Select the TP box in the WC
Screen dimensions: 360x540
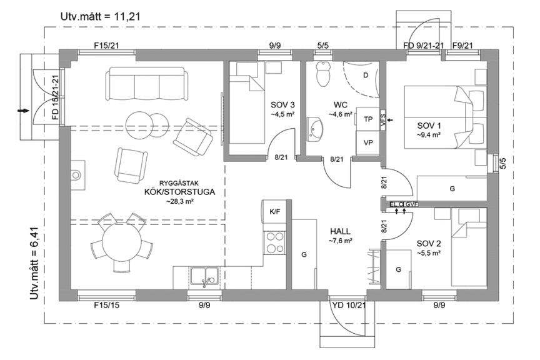click(368, 119)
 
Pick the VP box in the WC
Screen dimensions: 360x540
click(368, 142)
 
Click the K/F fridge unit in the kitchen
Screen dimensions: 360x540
click(274, 212)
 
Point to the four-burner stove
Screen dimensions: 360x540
click(274, 242)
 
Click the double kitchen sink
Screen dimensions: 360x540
click(204, 276)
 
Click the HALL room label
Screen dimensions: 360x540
click(341, 230)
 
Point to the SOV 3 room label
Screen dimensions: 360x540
click(282, 104)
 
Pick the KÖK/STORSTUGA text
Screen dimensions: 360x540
click(179, 192)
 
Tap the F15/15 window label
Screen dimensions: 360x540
click(106, 306)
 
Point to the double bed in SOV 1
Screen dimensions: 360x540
click(444, 117)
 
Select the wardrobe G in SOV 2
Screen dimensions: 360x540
click(398, 270)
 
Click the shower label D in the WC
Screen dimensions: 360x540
click(366, 76)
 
